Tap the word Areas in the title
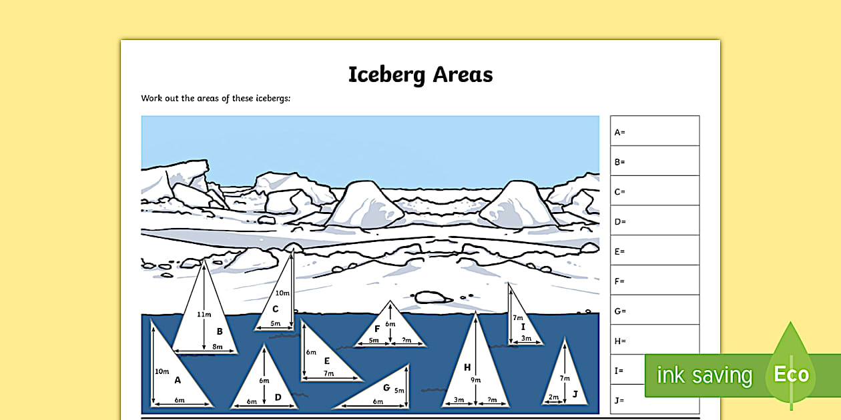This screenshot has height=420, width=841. click(463, 74)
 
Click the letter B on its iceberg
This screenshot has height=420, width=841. click(219, 331)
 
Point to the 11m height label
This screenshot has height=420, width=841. click(204, 314)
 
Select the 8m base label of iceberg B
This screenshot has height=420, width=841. click(217, 347)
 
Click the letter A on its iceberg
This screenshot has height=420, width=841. click(178, 380)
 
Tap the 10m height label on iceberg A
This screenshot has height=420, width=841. click(161, 371)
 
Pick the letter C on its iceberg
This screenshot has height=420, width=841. click(275, 309)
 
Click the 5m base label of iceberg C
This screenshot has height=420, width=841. click(275, 323)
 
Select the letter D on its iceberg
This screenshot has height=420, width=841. click(278, 397)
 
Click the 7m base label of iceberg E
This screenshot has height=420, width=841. click(328, 374)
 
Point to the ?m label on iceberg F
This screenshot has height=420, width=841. click(407, 341)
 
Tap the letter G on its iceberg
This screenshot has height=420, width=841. click(386, 387)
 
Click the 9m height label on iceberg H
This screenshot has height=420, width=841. click(475, 380)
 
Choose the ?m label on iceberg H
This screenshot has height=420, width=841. click(493, 400)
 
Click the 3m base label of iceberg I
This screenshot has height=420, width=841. click(526, 339)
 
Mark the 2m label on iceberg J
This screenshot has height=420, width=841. click(553, 397)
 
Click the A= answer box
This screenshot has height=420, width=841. click(654, 131)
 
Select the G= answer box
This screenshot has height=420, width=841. click(654, 311)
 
